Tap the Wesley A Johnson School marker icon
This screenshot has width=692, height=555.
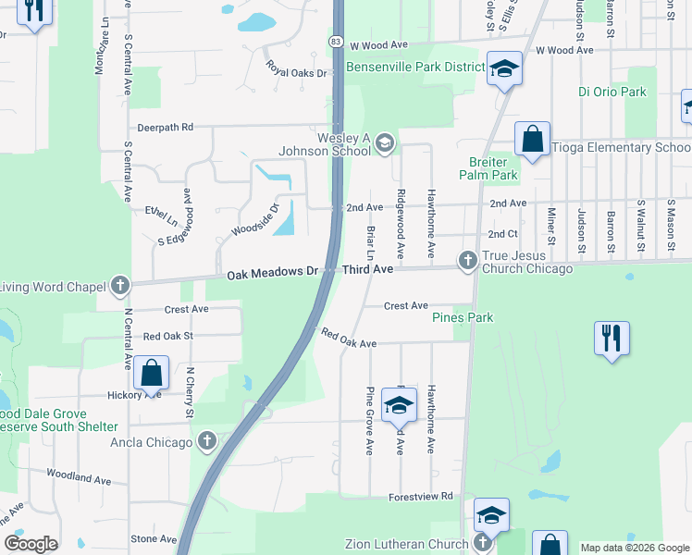(385, 142)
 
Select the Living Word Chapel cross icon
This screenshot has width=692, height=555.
(119, 286)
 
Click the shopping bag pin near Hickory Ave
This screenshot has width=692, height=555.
(151, 373)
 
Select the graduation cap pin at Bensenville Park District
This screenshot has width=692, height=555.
(504, 69)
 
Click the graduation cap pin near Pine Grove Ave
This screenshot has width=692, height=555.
(399, 404)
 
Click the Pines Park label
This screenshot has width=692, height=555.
(463, 318)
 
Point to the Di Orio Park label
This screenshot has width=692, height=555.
(612, 92)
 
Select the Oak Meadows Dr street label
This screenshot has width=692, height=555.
(273, 273)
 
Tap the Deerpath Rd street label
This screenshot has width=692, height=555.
(165, 127)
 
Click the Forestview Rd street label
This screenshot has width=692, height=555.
(421, 497)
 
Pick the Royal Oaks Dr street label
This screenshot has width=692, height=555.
(297, 68)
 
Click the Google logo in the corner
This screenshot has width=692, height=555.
(31, 544)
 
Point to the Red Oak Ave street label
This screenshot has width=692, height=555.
(349, 338)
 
